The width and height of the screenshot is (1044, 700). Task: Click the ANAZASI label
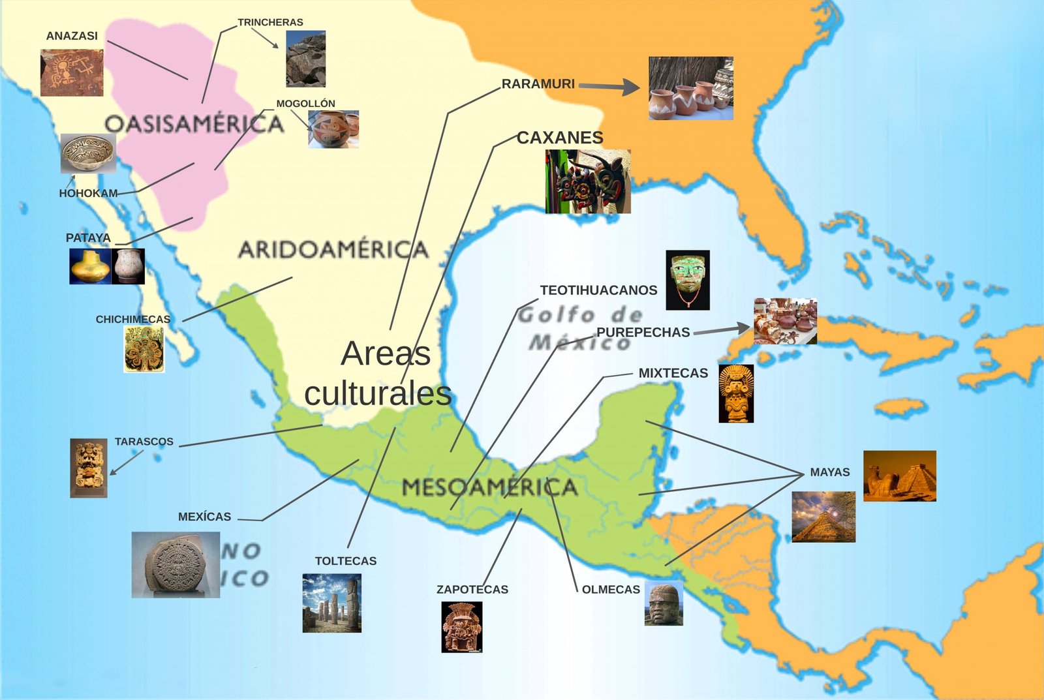pos(72,36)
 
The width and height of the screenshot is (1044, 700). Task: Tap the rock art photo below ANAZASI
pos(72,73)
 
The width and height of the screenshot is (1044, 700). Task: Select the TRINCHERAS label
pos(270,22)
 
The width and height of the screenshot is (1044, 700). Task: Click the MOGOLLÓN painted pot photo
pos(333,129)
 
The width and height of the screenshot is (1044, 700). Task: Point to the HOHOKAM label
pos(88,193)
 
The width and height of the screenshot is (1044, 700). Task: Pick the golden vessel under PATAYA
pos(90,266)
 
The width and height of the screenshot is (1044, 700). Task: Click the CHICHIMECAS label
pos(132,319)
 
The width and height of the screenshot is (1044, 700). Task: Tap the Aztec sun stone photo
pos(176,564)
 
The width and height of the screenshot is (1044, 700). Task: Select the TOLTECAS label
pos(345,561)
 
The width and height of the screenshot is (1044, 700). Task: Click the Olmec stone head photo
pos(664,603)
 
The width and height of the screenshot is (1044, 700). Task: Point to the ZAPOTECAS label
pos(472,589)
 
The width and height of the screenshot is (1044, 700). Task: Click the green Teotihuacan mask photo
pos(688,280)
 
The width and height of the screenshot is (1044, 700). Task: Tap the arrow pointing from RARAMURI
pos(609,86)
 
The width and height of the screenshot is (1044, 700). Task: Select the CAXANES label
pos(560,138)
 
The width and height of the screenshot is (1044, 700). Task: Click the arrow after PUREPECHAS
pos(722,330)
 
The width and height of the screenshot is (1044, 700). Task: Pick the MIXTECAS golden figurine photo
pos(736,393)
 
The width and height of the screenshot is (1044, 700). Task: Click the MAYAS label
pos(829,472)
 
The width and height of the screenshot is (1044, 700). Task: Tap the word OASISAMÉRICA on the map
pos(194,123)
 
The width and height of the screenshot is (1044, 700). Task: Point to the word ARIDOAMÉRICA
pos(333,249)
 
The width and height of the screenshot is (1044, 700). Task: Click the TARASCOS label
pos(144,442)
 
